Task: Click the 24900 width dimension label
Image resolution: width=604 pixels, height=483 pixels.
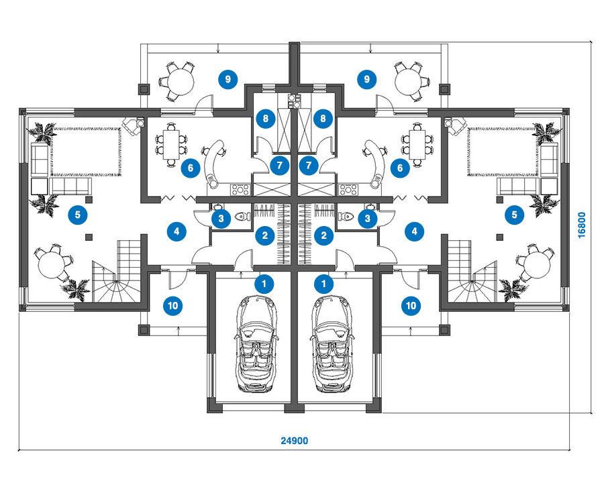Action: tap(295, 441)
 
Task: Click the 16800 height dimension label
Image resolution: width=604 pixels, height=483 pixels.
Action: tap(582, 225)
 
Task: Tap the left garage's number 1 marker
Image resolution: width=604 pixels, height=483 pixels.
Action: tap(264, 284)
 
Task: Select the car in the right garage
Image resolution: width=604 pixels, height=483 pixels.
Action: tap(332, 344)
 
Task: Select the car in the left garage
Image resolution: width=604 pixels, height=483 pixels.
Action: tap(256, 344)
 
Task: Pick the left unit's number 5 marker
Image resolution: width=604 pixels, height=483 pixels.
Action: tap(78, 215)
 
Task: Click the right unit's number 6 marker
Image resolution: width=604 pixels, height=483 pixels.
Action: tap(400, 168)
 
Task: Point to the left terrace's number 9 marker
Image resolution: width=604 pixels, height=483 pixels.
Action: tap(228, 79)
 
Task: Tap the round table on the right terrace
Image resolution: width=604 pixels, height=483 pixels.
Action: tap(411, 82)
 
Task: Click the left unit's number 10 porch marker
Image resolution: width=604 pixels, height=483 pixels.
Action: tap(172, 306)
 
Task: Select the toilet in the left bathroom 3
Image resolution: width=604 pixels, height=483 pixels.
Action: tap(243, 217)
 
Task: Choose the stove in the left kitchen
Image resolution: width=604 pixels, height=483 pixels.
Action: tap(241, 189)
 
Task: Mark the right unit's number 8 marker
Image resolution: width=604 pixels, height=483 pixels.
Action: tap(323, 118)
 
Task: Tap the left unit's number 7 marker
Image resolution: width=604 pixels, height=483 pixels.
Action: tap(280, 166)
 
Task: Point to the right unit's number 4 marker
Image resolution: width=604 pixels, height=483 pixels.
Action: tap(415, 231)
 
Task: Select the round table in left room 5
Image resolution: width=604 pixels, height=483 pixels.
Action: tap(52, 264)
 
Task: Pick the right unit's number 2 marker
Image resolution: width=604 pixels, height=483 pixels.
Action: tap(323, 235)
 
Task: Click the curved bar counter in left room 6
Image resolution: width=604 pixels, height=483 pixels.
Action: tap(214, 163)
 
